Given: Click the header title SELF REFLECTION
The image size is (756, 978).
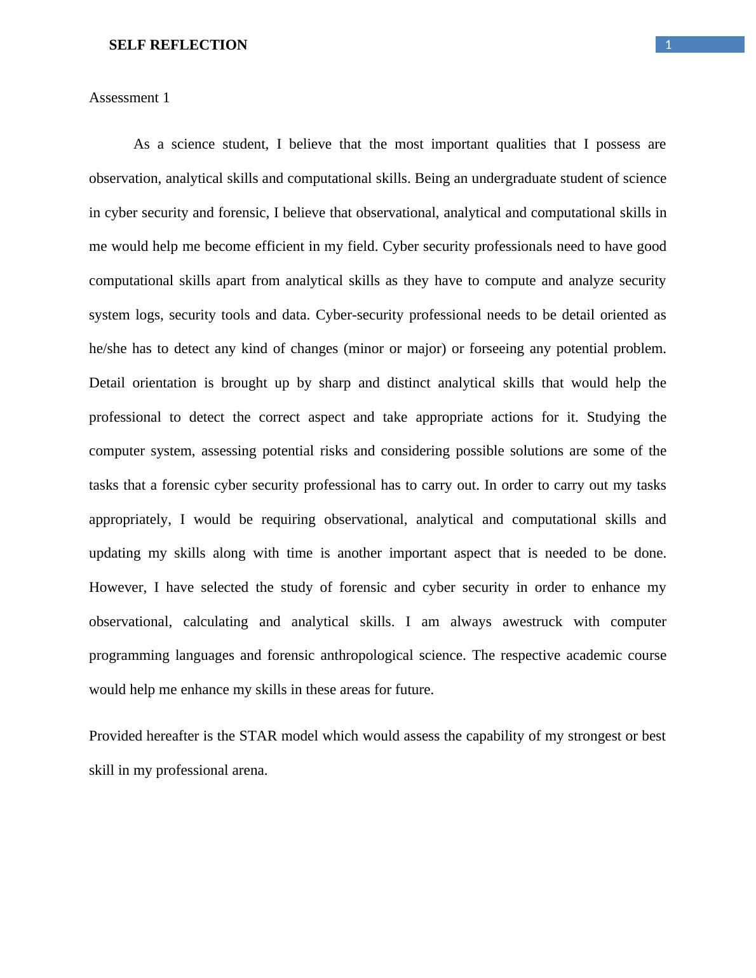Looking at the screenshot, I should tap(178, 45).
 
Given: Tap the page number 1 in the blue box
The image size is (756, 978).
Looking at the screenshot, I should tap(668, 45).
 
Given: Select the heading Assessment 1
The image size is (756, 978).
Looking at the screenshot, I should tap(129, 98).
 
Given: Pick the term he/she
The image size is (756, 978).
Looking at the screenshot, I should tap(108, 349).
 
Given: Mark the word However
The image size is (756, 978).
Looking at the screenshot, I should tap(117, 587).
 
